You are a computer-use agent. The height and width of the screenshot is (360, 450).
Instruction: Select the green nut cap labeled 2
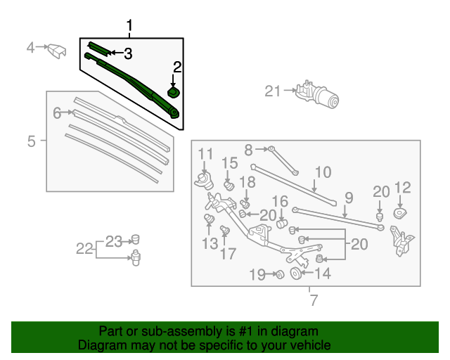[174, 92]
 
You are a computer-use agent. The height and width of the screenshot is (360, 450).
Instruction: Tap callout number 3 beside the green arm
[127, 53]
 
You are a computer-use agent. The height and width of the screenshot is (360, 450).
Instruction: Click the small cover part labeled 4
[56, 51]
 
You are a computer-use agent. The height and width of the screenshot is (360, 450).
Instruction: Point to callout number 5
[32, 141]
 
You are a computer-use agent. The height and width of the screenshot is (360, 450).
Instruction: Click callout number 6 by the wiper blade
[57, 112]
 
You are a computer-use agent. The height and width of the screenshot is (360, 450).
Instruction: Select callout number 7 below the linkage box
[314, 301]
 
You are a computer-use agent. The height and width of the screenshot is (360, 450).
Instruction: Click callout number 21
[272, 91]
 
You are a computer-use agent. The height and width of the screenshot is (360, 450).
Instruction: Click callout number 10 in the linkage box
[322, 172]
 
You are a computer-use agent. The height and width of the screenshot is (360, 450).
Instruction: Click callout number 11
[205, 154]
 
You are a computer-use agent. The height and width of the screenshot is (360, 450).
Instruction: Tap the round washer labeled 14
[295, 274]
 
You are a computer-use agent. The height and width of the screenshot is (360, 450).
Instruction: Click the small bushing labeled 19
[278, 274]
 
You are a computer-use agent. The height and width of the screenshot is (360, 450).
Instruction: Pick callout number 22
[84, 247]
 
